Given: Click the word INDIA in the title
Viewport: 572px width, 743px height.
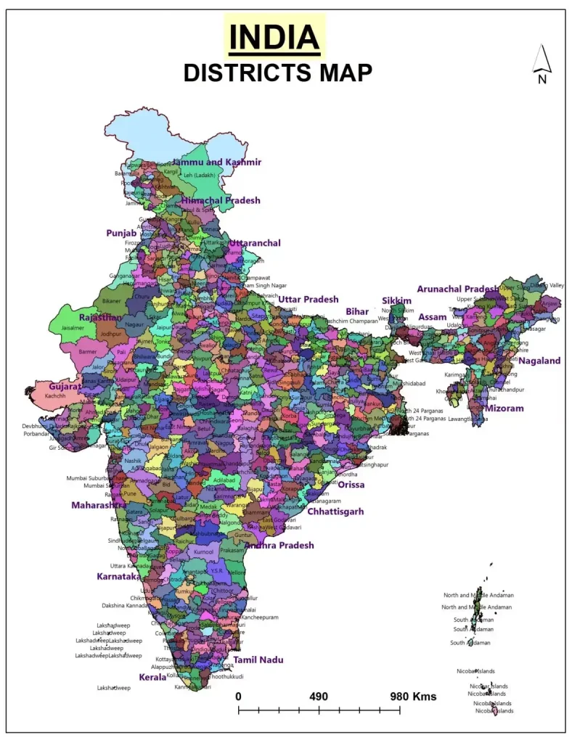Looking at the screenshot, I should pyautogui.click(x=274, y=37).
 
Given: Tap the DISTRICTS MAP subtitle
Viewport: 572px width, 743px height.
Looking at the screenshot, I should pyautogui.click(x=277, y=73).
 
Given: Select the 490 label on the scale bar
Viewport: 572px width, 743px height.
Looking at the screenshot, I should pyautogui.click(x=319, y=697).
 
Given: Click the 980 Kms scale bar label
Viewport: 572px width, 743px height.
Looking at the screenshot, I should pyautogui.click(x=414, y=697).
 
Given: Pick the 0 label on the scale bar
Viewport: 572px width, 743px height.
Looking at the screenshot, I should pyautogui.click(x=238, y=697).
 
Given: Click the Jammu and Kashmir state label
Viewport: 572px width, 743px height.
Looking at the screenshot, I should pyautogui.click(x=216, y=163).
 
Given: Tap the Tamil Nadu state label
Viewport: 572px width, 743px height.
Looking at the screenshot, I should pyautogui.click(x=258, y=660).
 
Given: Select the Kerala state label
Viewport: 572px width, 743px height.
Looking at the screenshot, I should pyautogui.click(x=152, y=677).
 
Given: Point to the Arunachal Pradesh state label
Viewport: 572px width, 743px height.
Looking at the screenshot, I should pyautogui.click(x=458, y=290).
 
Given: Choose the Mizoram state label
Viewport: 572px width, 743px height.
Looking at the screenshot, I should pyautogui.click(x=504, y=409).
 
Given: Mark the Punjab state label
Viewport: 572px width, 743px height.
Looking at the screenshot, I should pyautogui.click(x=121, y=234).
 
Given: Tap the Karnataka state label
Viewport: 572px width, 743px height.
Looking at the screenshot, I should pyautogui.click(x=118, y=577).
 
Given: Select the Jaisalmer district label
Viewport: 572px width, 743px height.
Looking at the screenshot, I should pyautogui.click(x=75, y=328).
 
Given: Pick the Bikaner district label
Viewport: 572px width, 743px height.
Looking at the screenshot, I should pyautogui.click(x=111, y=300).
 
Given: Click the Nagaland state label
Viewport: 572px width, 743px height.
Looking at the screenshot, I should pyautogui.click(x=539, y=361).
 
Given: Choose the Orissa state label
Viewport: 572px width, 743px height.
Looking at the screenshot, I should pyautogui.click(x=351, y=485).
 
